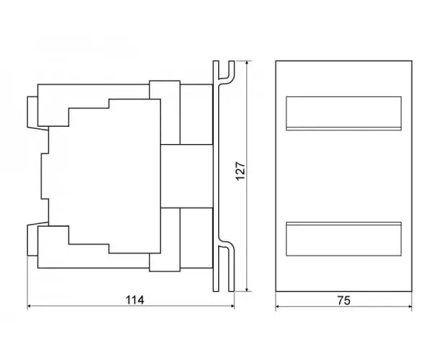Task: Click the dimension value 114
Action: tap(135, 300)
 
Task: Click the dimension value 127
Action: tap(240, 171)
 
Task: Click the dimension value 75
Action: tap(344, 300)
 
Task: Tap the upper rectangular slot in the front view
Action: tap(343, 113)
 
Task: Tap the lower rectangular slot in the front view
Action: tap(343, 239)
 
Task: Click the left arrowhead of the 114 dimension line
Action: tap(30, 306)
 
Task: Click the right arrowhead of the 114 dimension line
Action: tap(233, 306)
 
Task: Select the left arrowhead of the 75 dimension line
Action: tap(278, 306)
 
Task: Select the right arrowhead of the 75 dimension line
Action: tap(410, 306)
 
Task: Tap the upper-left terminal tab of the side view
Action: tap(32, 112)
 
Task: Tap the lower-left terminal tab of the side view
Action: tap(32, 240)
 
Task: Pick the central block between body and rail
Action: tap(186, 176)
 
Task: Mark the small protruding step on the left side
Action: tap(45, 176)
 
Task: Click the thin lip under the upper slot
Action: tap(343, 129)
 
